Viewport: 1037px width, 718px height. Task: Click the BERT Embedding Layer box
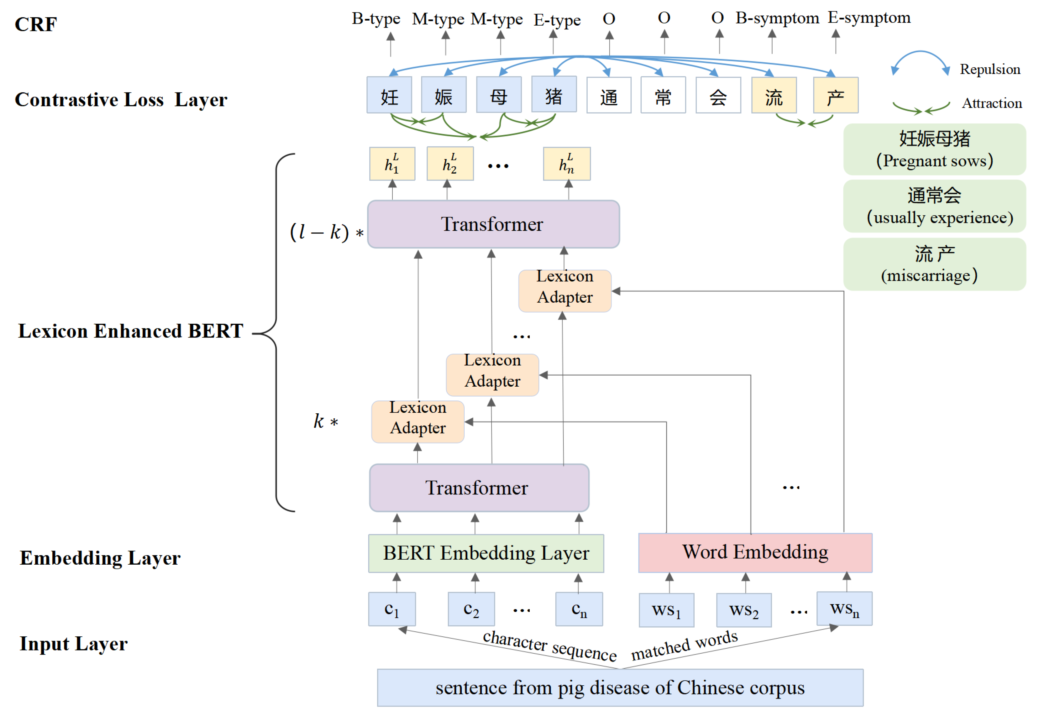click(x=486, y=553)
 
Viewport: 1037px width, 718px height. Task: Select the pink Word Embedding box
click(x=755, y=552)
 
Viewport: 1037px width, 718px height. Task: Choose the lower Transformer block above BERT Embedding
click(x=479, y=488)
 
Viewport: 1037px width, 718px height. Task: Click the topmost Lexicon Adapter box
click(x=565, y=291)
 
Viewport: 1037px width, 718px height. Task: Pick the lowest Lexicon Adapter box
click(x=418, y=422)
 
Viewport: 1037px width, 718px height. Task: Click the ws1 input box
click(x=666, y=610)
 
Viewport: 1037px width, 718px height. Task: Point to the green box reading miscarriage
click(x=934, y=264)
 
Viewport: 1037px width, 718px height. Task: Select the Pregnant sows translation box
click(x=934, y=149)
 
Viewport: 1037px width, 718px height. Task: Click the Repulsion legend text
click(x=990, y=69)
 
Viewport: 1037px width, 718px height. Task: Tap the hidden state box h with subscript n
click(x=566, y=164)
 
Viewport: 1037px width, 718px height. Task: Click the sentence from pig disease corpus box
click(x=620, y=687)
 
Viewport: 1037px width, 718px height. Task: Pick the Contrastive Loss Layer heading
click(x=121, y=99)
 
